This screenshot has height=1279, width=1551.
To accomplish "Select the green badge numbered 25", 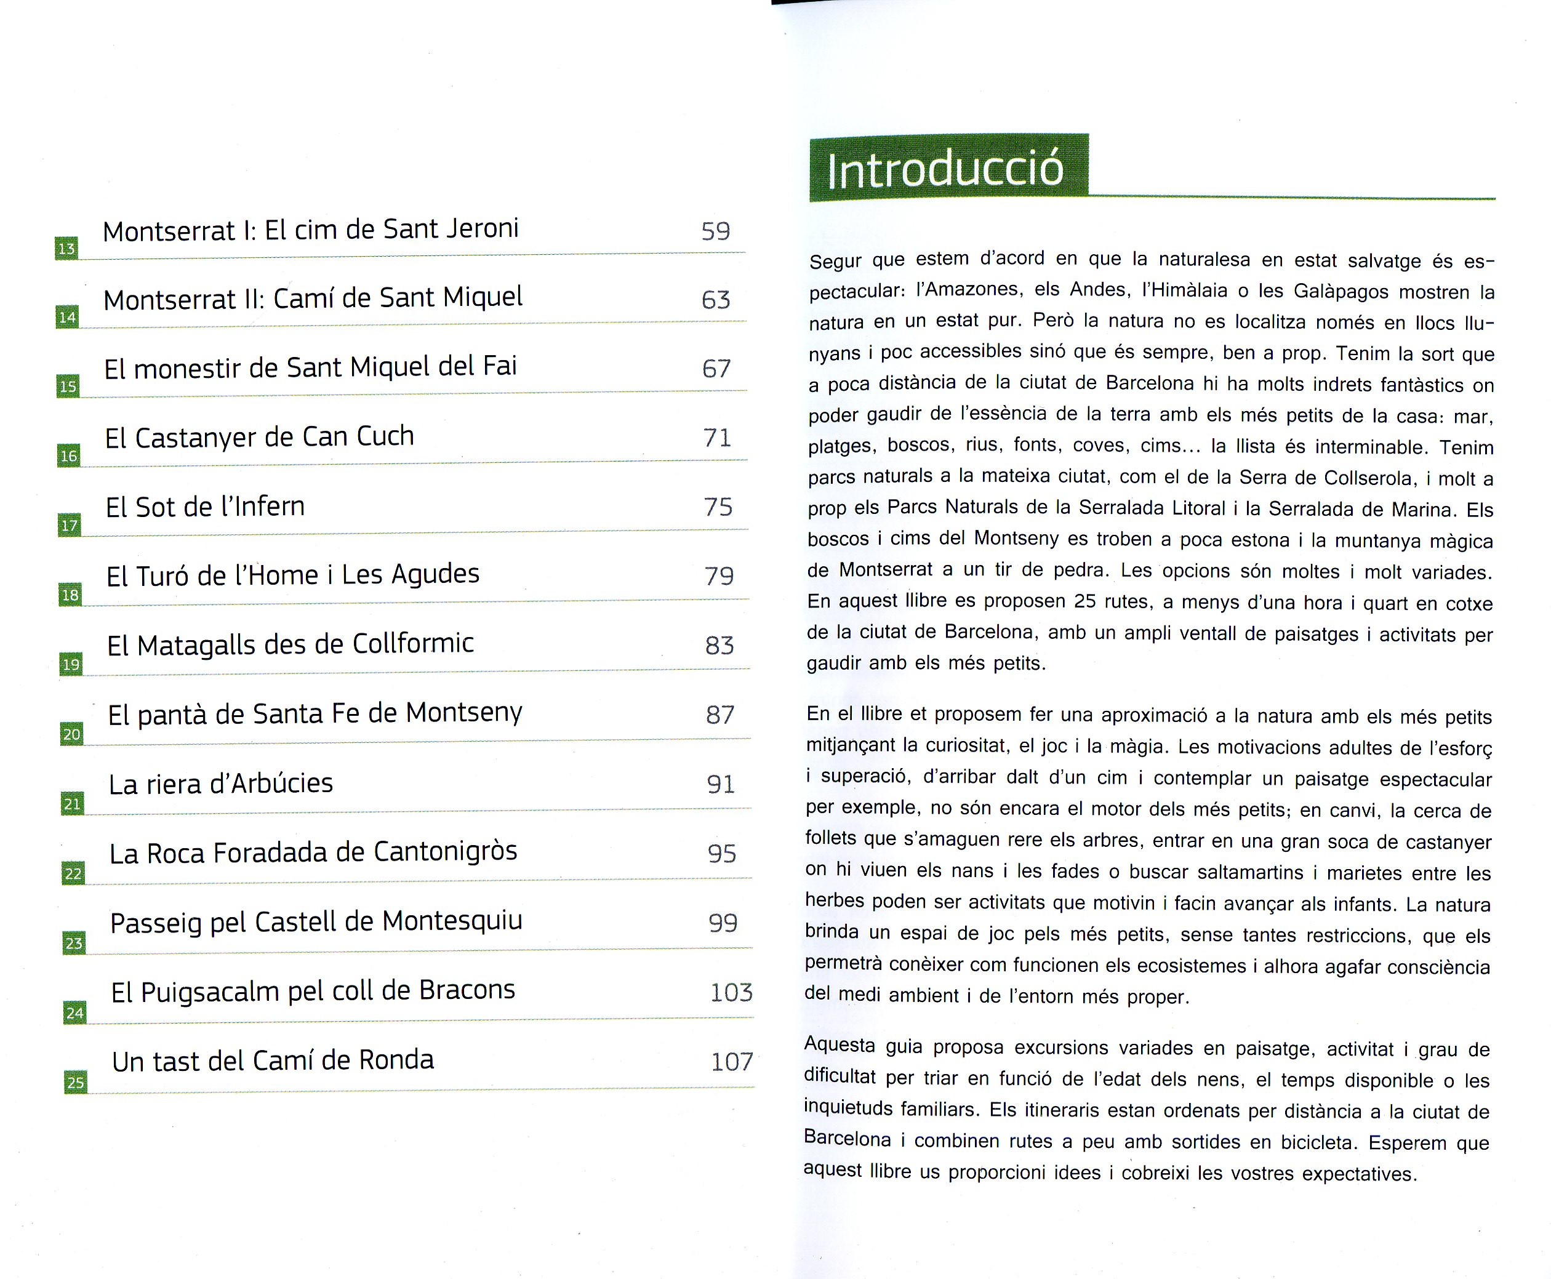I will (76, 1082).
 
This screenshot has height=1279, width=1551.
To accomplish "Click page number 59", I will (715, 231).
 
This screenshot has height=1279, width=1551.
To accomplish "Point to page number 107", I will (732, 1062).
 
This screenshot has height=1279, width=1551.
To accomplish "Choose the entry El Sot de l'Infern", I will (205, 507).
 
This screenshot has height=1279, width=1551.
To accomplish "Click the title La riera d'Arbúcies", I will (221, 783).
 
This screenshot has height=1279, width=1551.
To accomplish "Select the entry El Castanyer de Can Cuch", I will (259, 438).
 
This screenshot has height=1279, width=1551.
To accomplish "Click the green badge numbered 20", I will (72, 734).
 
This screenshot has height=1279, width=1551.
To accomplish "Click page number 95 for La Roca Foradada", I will (722, 853).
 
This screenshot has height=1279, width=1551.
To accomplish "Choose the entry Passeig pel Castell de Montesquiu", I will (316, 921).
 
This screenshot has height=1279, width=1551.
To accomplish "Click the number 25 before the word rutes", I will (1085, 601).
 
